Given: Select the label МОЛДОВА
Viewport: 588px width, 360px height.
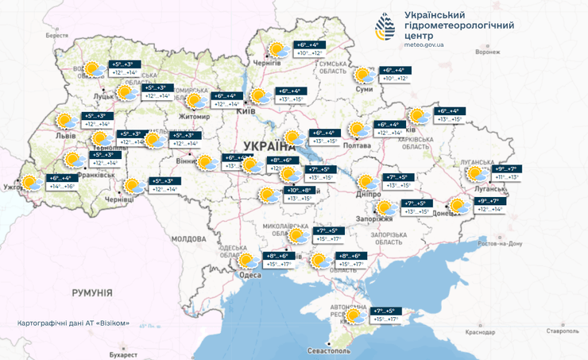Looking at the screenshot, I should pyautogui.click(x=188, y=238).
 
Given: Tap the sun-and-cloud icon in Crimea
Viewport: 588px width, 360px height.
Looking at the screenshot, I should pyautogui.click(x=355, y=315).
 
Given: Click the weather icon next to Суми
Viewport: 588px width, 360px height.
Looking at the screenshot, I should pyautogui.click(x=364, y=75).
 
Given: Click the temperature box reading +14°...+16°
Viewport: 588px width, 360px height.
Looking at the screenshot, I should pyautogui.click(x=61, y=186).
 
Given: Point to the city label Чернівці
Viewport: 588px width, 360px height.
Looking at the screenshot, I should pyautogui.click(x=121, y=202).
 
